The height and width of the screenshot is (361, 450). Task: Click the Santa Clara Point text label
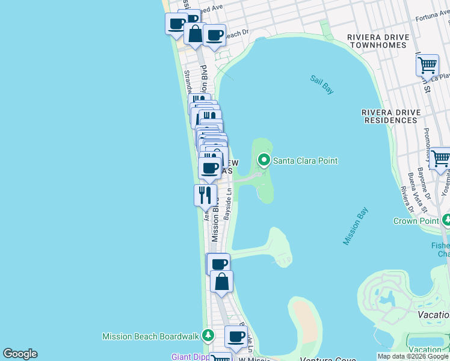coord(305,161)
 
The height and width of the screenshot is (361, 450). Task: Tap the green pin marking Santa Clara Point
coord(264,160)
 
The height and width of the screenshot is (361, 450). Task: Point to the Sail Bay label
coord(322,84)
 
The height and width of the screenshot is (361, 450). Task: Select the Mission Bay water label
coord(355,226)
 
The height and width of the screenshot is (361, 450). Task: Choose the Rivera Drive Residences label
coord(389,116)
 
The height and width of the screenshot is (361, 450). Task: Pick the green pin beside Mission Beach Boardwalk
coord(208,335)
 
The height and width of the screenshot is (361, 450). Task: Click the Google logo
coord(20,354)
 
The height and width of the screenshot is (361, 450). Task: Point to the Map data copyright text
coord(413,356)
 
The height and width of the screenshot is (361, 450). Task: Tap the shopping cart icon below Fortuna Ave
coord(427,64)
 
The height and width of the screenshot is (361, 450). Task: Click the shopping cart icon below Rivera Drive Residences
coord(440,158)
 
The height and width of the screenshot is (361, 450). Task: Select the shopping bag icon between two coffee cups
coord(195,34)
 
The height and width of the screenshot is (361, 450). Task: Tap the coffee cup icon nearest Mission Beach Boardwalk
coord(236,336)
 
